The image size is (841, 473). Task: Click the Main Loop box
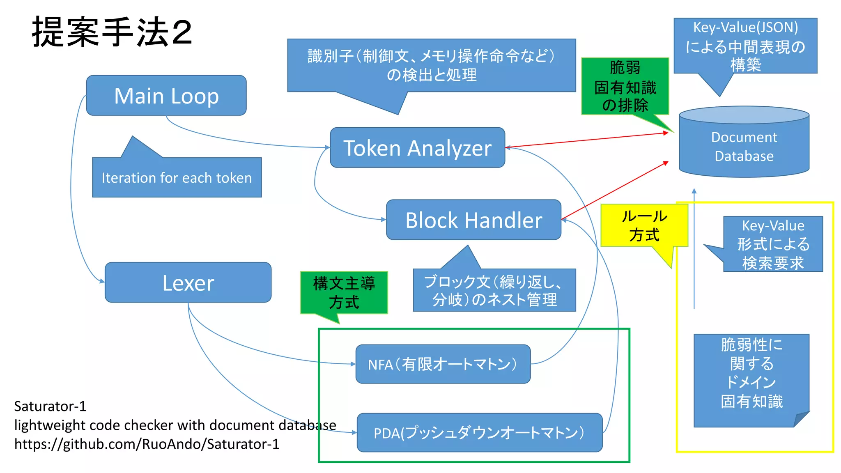click(166, 96)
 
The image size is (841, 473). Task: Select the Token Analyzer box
click(417, 148)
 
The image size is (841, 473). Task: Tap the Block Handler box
click(473, 220)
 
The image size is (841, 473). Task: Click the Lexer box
click(188, 283)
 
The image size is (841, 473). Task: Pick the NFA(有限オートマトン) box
click(443, 364)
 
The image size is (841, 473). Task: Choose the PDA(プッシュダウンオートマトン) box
click(479, 433)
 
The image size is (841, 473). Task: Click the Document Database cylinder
click(744, 147)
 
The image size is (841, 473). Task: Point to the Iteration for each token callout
click(177, 178)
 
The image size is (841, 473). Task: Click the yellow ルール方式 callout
click(643, 225)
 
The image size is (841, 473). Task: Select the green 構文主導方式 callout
click(344, 293)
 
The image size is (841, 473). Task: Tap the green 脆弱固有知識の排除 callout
click(625, 86)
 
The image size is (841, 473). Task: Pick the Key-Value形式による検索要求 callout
click(772, 244)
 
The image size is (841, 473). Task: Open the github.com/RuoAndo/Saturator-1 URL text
click(147, 444)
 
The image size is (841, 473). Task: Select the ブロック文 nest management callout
click(494, 290)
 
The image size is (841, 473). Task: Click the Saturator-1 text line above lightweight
click(50, 406)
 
